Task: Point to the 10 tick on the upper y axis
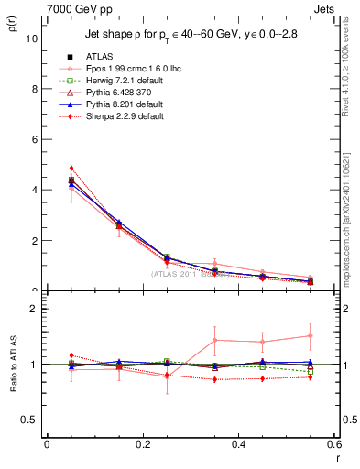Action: click(x=33, y=38)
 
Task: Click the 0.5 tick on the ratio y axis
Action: click(x=30, y=420)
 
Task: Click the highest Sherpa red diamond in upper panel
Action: click(x=71, y=169)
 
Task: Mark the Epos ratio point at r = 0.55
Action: click(x=311, y=335)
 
